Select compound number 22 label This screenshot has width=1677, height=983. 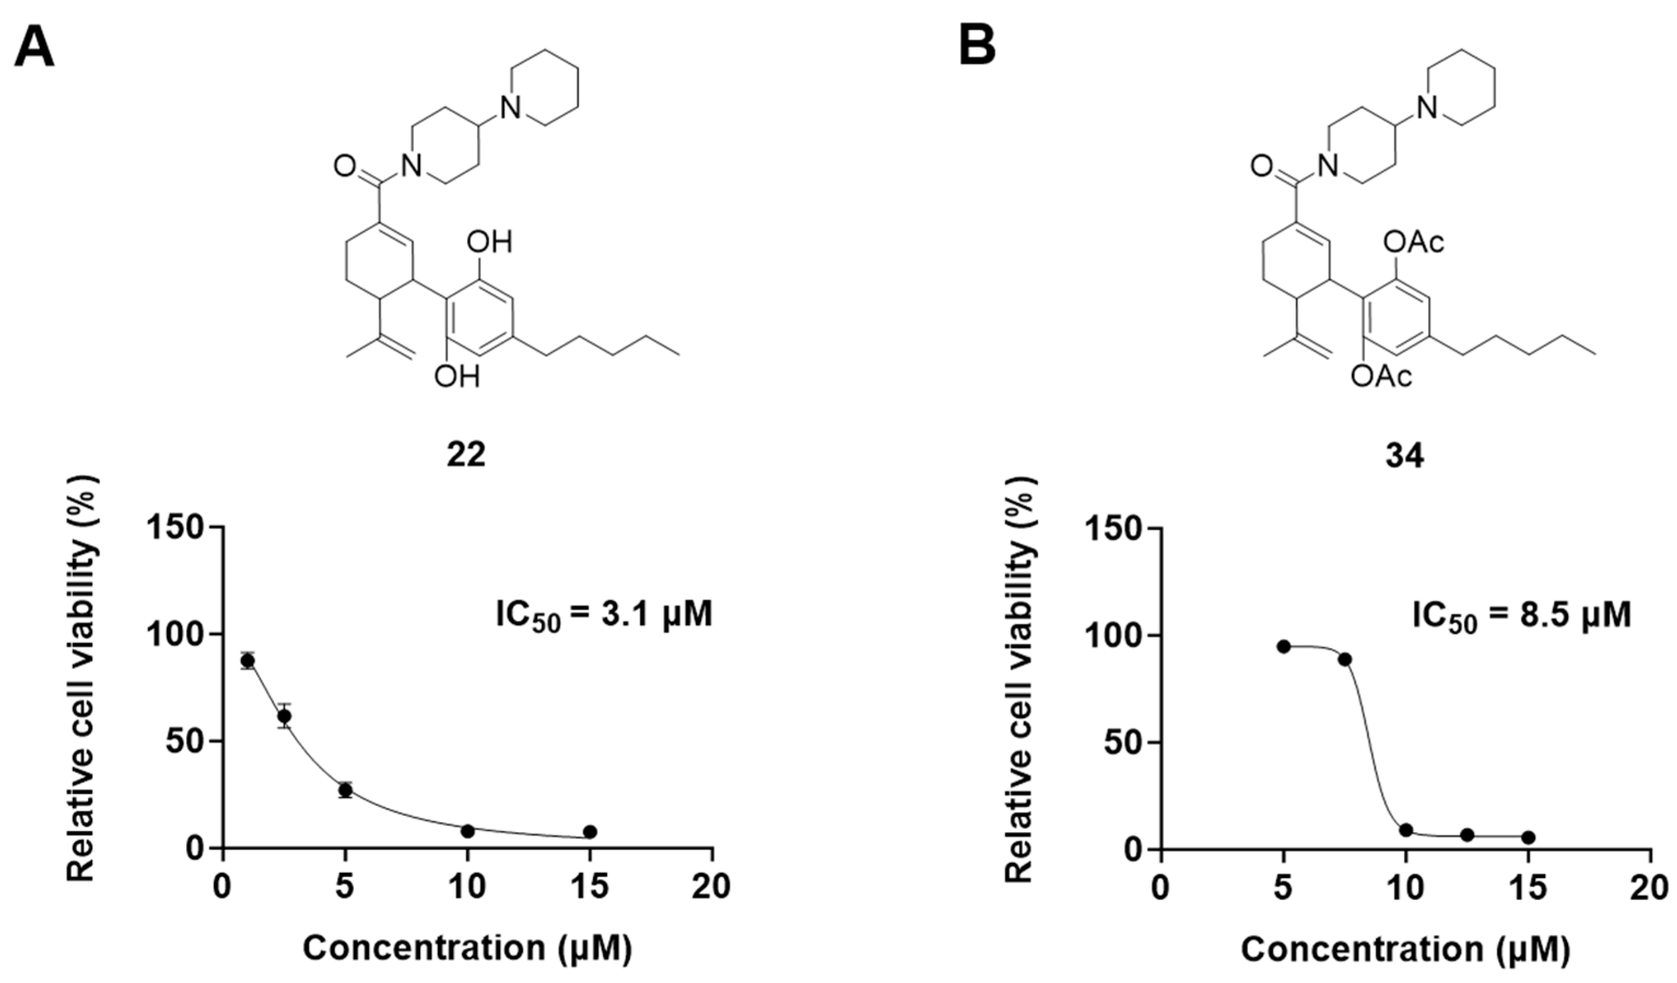466,455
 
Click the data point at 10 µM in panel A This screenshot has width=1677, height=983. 468,831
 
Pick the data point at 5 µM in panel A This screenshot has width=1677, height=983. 345,790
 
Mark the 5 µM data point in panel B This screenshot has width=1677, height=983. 1284,646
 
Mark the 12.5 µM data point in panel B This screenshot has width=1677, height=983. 1467,834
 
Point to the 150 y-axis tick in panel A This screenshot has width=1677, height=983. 183,527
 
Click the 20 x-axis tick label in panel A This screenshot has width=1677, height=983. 711,887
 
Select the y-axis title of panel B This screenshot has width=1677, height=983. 1018,679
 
